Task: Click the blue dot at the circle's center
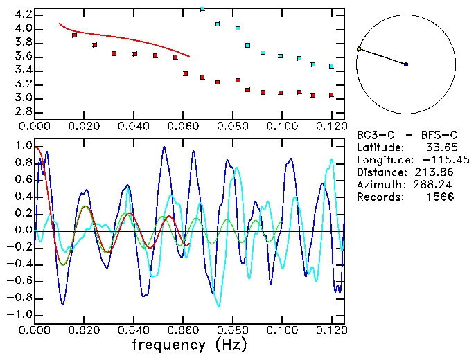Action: pos(406,64)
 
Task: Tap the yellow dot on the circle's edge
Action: pos(358,49)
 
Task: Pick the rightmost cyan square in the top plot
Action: pos(331,66)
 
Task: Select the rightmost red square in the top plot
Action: pos(332,95)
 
